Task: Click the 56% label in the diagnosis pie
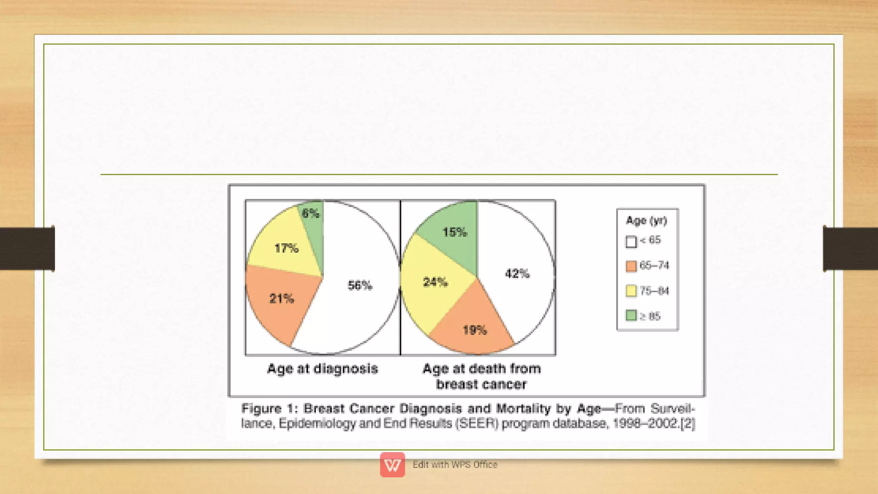point(360,285)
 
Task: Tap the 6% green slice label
point(310,213)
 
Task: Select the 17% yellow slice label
point(286,248)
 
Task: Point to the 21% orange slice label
point(282,298)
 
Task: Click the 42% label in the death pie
point(517,273)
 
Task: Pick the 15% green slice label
point(454,232)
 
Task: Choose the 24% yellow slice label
point(436,282)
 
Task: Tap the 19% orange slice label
point(475,330)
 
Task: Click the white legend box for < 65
point(631,242)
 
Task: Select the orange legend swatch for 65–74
point(631,266)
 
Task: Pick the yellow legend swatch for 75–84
point(631,291)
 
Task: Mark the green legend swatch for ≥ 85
point(631,316)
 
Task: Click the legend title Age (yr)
point(646,221)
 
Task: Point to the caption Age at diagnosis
point(322,368)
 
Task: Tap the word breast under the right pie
point(455,384)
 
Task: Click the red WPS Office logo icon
point(392,464)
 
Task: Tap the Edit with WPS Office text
point(455,464)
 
